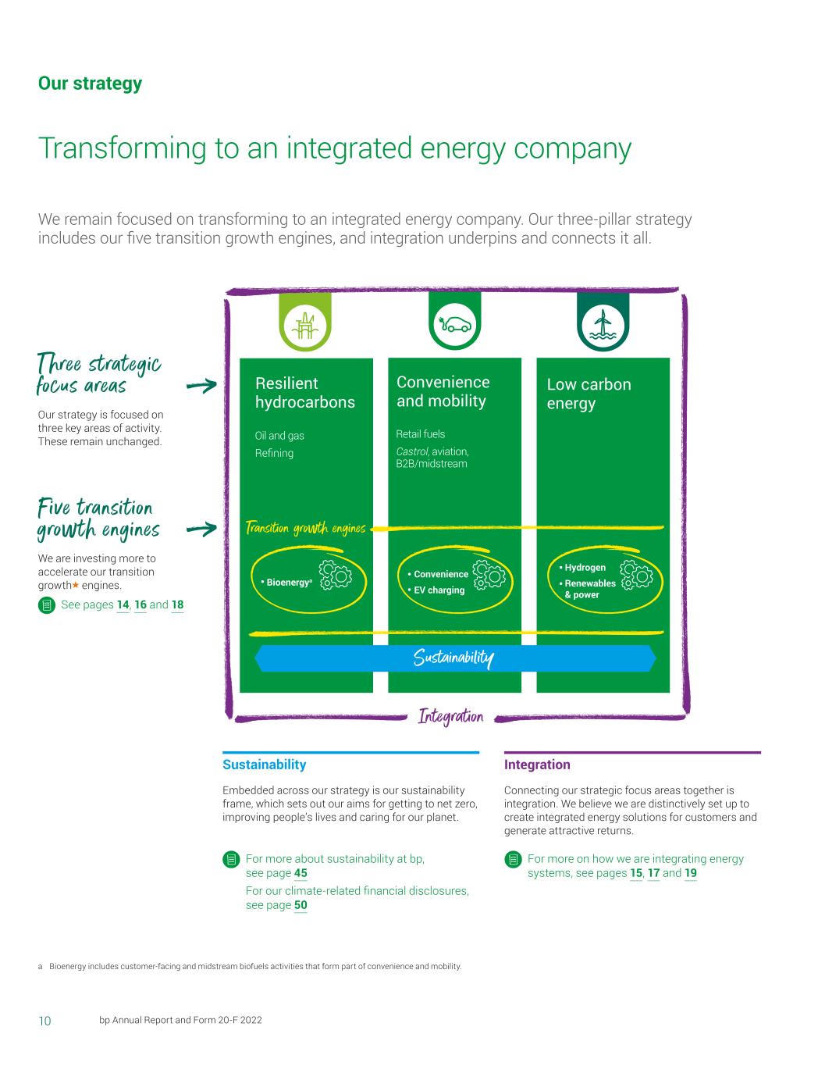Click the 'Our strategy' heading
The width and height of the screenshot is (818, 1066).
pos(90,84)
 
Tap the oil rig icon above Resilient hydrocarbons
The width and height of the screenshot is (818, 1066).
pos(305,323)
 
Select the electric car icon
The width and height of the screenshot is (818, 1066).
pos(454,323)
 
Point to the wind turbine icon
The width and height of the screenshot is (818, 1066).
pos(602,323)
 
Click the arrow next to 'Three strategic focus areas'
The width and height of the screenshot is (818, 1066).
pos(201,385)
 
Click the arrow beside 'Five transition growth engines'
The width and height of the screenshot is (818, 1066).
pos(201,529)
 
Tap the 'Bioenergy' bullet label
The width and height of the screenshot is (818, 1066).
pos(288,583)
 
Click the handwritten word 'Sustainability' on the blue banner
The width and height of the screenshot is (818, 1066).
pos(453,659)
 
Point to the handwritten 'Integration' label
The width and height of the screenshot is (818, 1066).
pos(451,716)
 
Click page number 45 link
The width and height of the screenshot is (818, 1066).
pos(301,873)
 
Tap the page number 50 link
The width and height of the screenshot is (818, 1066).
pos(301,905)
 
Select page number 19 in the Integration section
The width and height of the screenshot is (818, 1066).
pos(691,873)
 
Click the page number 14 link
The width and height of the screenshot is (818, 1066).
pos(123,604)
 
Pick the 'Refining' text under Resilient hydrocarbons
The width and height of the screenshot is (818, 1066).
pos(274,453)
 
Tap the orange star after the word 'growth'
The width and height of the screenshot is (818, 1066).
pos(75,585)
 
